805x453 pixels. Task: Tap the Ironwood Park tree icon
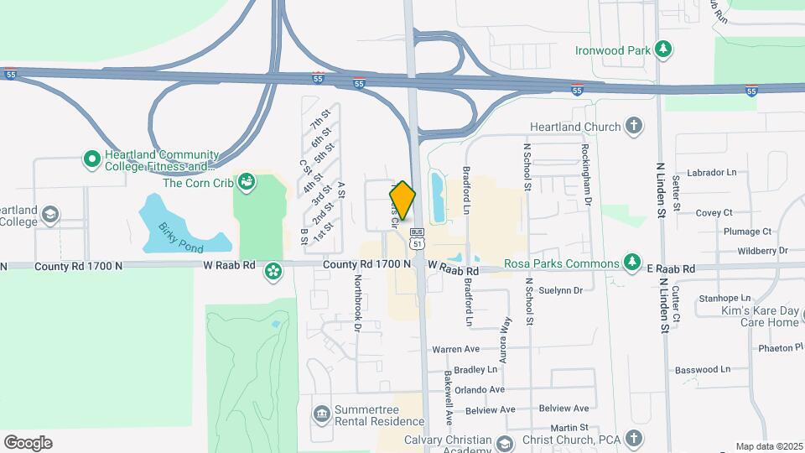click(664, 49)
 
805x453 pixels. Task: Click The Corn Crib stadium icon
click(246, 181)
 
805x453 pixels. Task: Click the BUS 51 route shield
click(417, 237)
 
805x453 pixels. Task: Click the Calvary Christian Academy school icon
click(504, 443)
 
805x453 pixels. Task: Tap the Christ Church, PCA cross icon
click(635, 439)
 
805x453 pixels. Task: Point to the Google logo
click(28, 443)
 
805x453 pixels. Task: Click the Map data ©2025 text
click(768, 446)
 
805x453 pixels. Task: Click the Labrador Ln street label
click(711, 173)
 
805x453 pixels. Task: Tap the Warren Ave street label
click(455, 349)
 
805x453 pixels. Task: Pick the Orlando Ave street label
click(480, 389)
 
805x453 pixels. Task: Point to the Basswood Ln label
click(703, 369)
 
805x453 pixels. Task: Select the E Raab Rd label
click(671, 268)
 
